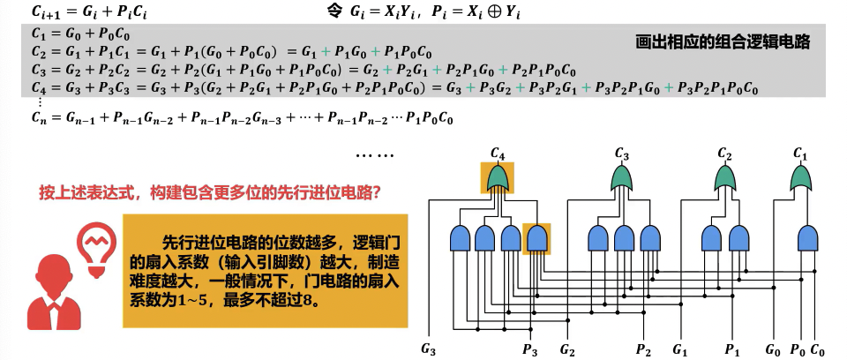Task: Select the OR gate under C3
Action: pos(623,180)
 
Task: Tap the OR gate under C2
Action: pos(723,180)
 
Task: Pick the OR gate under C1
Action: pos(801,180)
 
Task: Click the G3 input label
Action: pos(429,349)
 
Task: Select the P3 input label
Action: pos(529,349)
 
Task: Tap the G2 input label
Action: pos(567,349)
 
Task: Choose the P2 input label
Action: pos(643,349)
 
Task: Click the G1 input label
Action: pos(680,349)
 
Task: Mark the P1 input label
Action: pos(732,349)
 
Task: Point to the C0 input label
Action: pos(819,349)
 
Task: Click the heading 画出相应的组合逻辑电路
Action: pos(722,41)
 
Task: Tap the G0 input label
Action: pos(773,349)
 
